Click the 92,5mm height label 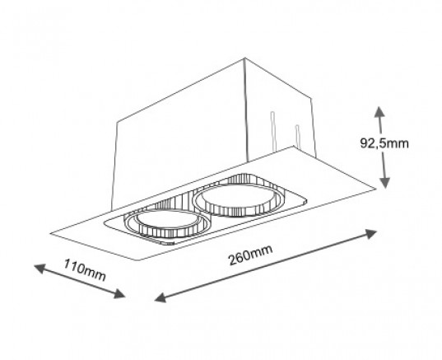coord(384,143)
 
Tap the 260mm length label coord(250,255)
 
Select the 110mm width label coord(85,270)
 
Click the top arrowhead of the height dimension coord(379,112)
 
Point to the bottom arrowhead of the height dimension coord(384,183)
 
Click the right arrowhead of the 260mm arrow coord(370,234)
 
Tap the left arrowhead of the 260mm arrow coord(161,297)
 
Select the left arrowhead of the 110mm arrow coord(40,269)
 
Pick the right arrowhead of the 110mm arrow coord(119,294)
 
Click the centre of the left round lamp coord(166,223)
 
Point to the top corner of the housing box coord(244,58)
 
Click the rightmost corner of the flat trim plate coord(376,189)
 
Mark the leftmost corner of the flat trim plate coord(51,233)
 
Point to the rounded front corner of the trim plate coord(140,259)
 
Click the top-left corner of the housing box coord(117,122)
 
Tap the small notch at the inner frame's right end coord(305,201)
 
